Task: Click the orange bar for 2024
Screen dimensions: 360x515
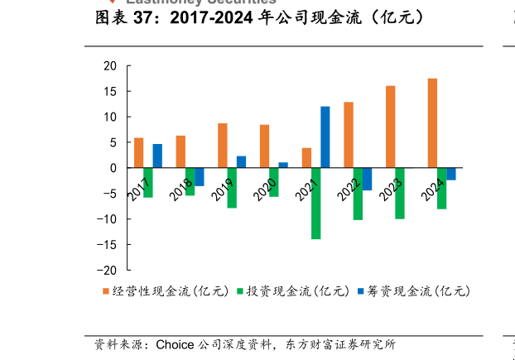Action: click(432, 123)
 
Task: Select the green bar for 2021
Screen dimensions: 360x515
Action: click(315, 204)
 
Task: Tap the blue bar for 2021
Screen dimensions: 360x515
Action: click(325, 137)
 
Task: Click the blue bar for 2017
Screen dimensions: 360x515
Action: click(157, 156)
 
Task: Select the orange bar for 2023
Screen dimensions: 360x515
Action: click(390, 127)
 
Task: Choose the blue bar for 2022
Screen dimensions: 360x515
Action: click(367, 179)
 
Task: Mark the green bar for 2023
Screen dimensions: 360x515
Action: click(400, 194)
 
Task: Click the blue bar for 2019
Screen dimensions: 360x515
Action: click(241, 162)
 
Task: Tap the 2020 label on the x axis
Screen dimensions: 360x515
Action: click(265, 190)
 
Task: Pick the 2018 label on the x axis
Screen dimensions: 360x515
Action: click(180, 190)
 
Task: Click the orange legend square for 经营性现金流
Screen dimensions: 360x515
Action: click(105, 291)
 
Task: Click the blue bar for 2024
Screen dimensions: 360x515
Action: click(451, 174)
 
